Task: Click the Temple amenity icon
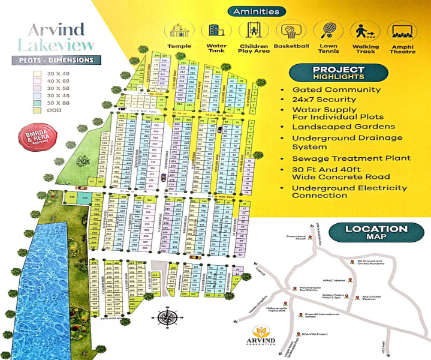[x=180, y=31]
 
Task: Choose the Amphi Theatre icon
[x=398, y=31]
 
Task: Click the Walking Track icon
[x=361, y=31]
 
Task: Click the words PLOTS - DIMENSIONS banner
[x=54, y=60]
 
